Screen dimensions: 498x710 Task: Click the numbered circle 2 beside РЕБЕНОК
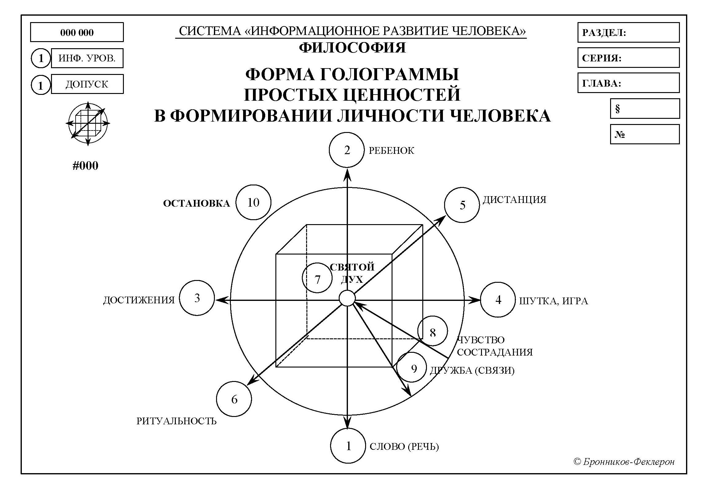click(346, 150)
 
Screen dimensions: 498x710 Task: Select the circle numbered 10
click(253, 202)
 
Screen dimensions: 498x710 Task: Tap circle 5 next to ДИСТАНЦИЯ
click(462, 205)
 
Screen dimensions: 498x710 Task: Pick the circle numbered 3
click(197, 298)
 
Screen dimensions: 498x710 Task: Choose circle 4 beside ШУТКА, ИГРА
click(498, 300)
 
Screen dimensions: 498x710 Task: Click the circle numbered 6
click(234, 399)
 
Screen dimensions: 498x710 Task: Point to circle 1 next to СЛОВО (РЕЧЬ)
click(348, 446)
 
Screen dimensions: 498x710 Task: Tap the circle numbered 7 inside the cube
click(317, 278)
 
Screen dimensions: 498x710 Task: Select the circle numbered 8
click(432, 331)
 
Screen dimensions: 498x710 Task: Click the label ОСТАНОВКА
click(197, 203)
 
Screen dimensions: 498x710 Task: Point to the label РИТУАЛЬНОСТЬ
click(176, 421)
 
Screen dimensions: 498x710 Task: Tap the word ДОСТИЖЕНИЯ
click(139, 300)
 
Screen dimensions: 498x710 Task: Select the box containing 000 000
click(77, 32)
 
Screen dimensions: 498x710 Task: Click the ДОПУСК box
click(87, 84)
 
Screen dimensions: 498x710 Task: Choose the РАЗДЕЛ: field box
click(628, 33)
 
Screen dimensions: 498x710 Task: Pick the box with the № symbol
click(645, 134)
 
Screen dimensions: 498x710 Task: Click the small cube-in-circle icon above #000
click(88, 123)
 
